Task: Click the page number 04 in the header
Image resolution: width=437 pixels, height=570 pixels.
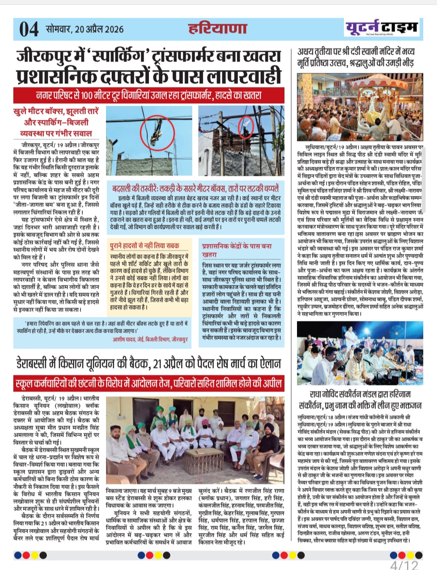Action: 29,30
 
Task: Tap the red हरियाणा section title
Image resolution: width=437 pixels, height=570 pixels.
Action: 217,29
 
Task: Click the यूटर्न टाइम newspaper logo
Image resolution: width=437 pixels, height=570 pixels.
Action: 382,28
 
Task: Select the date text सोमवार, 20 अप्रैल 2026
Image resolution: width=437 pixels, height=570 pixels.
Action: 85,29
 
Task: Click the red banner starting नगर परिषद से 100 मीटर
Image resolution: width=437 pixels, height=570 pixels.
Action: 149,96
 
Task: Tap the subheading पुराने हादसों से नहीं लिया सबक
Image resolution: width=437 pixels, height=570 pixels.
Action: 144,246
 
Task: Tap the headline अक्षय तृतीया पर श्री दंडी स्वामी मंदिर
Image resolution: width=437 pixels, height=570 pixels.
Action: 356,57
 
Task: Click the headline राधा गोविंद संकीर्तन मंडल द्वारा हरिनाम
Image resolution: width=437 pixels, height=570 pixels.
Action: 360,399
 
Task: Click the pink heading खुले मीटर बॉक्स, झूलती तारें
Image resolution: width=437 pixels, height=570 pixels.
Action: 56,122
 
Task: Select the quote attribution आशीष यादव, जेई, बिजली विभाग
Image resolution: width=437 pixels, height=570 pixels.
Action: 150,339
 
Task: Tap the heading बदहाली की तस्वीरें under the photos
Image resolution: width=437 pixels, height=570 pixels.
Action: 195,188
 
